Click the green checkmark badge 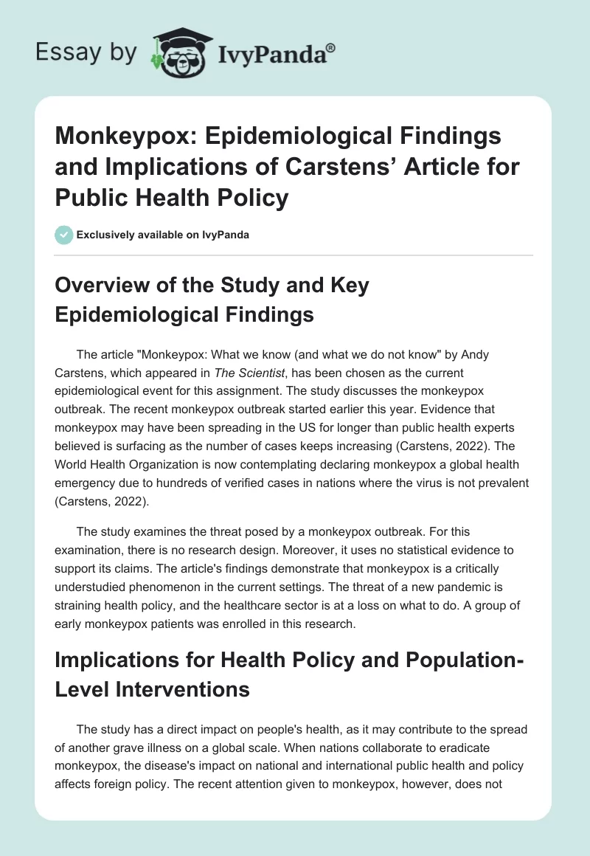pyautogui.click(x=63, y=235)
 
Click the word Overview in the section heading pyautogui.click(x=105, y=286)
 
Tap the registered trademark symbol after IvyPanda pyautogui.click(x=333, y=46)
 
